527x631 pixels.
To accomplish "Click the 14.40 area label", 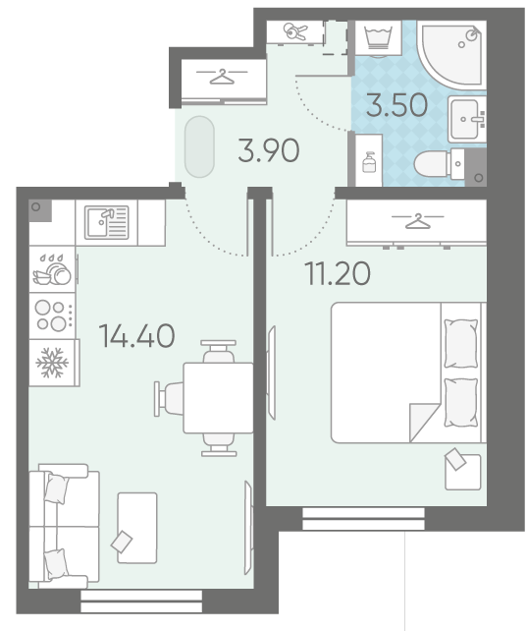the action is pos(137,335).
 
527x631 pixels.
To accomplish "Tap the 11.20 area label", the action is pos(338,273).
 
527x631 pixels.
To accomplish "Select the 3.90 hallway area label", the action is pos(268,150).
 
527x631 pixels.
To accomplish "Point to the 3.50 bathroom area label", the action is pos(396,104).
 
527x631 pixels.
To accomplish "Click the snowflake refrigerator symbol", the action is pos(52,363).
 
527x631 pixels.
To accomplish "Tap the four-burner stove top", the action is pos(53,315).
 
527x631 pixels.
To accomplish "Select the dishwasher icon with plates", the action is pos(52,269).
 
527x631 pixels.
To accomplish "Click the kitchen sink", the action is pos(106,222).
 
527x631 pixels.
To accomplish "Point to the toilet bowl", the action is pos(439,164).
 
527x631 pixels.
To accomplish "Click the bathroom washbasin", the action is pos(467,119).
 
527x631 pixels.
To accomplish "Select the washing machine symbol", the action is pos(379,38).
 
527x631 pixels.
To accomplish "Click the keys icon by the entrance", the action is pos(295,31).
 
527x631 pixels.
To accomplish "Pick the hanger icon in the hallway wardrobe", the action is pos(222,77).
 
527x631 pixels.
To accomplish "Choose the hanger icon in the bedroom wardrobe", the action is pos(418,221).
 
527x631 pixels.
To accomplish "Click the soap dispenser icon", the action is pos(369,162).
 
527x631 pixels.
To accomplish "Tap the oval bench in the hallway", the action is pos(199,146).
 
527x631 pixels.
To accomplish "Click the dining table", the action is pos(218,398).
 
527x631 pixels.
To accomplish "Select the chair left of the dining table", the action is pos(169,399).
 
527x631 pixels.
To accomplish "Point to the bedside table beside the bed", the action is pos(463,472).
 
